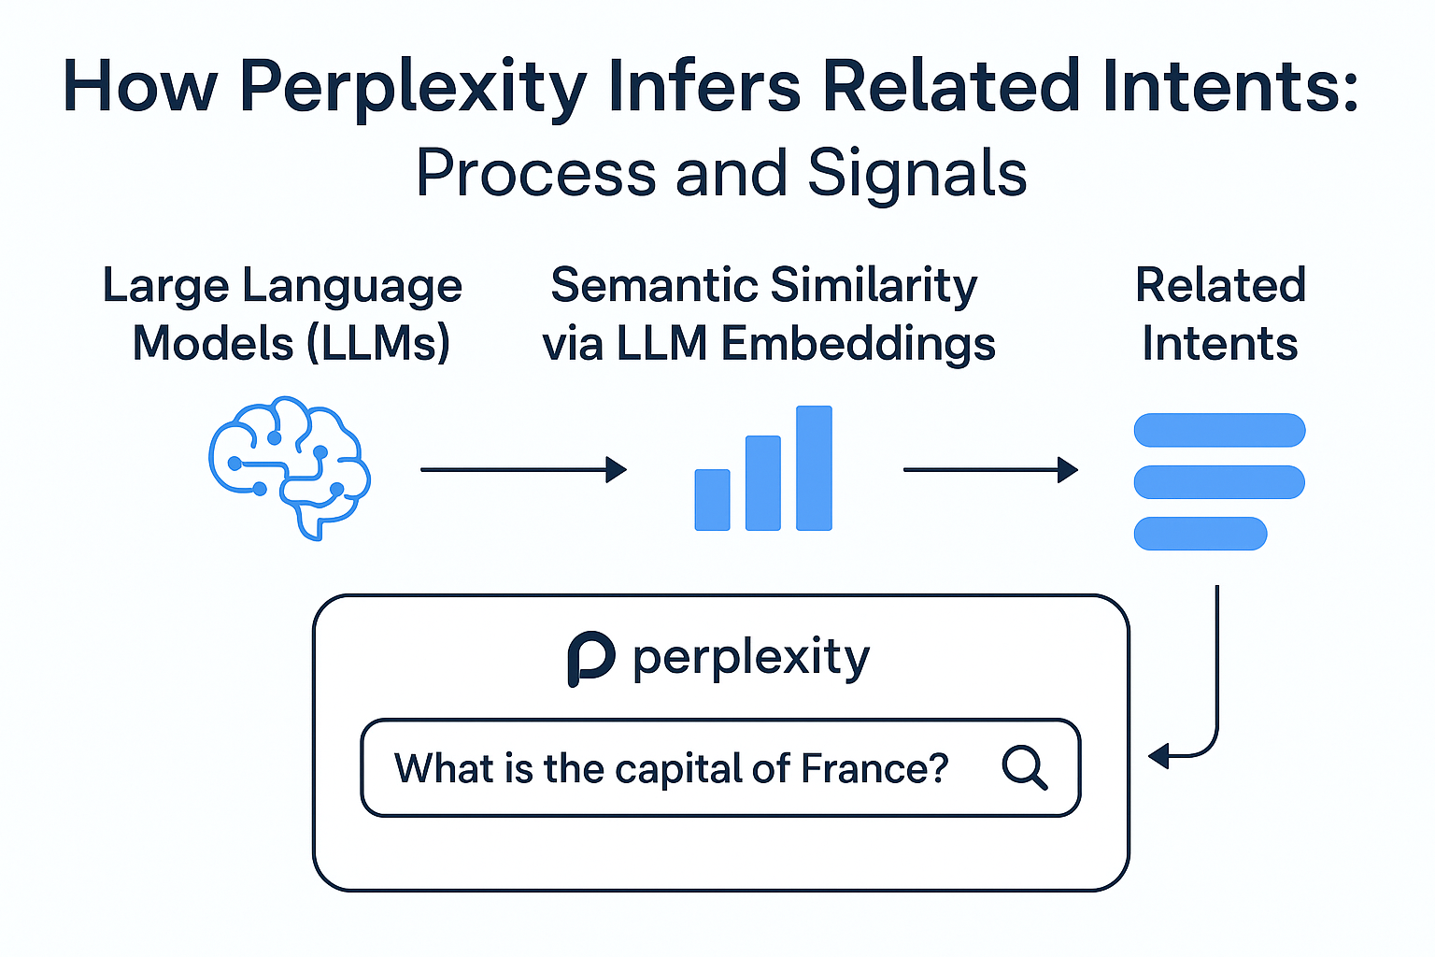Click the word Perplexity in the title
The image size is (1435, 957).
[x=412, y=87]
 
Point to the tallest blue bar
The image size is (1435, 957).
[x=814, y=468]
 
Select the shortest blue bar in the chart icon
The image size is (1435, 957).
[x=712, y=500]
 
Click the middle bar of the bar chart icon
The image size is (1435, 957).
[x=762, y=483]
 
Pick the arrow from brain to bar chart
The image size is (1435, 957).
[x=523, y=469]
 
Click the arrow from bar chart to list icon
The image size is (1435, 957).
[x=990, y=469]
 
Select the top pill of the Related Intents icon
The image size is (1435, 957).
[x=1219, y=430]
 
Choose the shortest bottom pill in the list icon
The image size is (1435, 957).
[x=1200, y=534]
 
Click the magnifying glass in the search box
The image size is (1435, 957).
[x=1024, y=768]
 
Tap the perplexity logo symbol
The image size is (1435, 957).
[x=590, y=658]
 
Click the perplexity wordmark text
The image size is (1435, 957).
[x=751, y=658]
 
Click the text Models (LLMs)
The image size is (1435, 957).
[x=291, y=343]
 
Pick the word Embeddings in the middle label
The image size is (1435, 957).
[x=858, y=344]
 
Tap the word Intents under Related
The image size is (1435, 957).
[x=1219, y=343]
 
